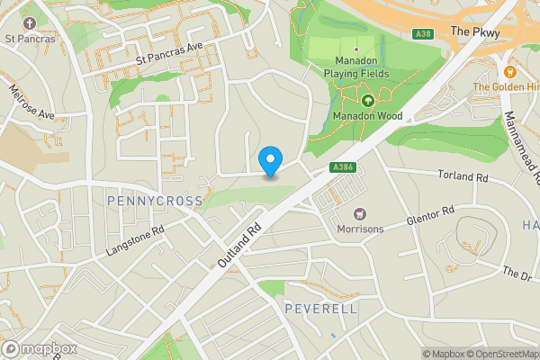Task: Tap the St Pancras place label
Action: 30,39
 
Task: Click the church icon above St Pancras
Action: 29,22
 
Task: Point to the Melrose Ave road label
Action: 31,102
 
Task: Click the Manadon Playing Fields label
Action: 356,67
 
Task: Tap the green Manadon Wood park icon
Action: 367,100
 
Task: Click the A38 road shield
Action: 425,34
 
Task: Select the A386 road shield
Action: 342,167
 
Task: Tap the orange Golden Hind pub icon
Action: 510,70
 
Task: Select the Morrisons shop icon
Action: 361,213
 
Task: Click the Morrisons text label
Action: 360,229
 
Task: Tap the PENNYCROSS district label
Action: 155,200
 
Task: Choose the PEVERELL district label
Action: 320,309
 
